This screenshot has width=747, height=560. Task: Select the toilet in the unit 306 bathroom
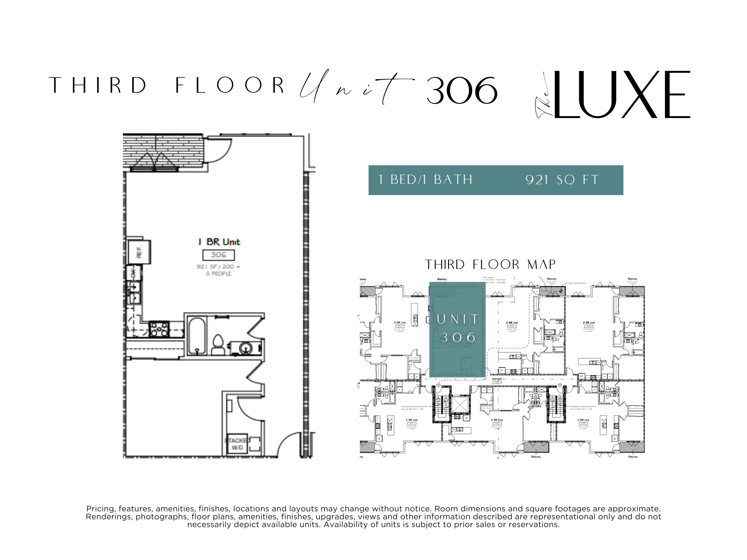coord(218,345)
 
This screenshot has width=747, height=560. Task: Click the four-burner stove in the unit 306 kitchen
coord(159,330)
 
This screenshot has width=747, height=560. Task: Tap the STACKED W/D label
coord(237,444)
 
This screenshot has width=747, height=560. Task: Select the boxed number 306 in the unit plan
coord(218,255)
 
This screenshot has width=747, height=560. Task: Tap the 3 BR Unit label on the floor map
coord(400,323)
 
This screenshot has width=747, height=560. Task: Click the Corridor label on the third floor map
coord(497,379)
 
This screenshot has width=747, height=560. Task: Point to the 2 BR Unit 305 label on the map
coord(512,323)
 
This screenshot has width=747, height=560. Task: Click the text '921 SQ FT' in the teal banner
coord(562,180)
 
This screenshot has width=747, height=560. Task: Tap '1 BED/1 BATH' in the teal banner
coord(426,180)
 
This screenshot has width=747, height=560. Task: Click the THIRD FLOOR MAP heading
coord(490,265)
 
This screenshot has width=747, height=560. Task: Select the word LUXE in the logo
coord(621,95)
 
